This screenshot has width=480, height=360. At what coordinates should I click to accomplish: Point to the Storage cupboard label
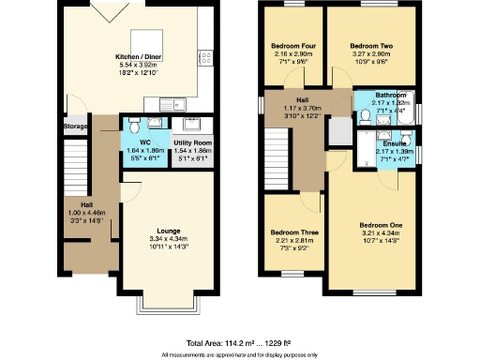[75, 126]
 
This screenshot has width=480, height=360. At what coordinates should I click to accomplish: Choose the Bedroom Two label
[368, 45]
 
